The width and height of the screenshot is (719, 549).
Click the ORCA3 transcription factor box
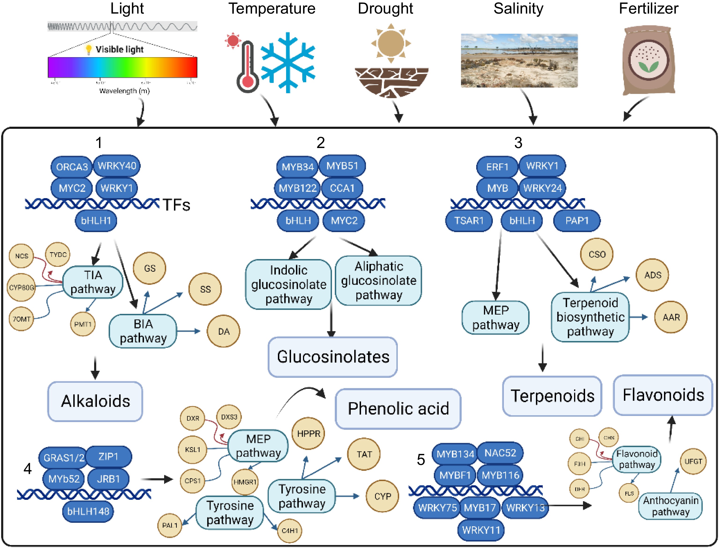(x=72, y=167)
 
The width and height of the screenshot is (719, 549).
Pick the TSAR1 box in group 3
(x=468, y=221)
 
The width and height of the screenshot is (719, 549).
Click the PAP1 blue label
(x=577, y=221)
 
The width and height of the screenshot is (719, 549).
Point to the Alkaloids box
(x=95, y=401)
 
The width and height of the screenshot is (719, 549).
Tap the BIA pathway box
(x=143, y=331)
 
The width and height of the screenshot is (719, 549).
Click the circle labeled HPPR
(x=308, y=434)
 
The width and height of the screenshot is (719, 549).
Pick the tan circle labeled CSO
(x=597, y=254)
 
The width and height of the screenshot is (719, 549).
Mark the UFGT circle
(x=693, y=461)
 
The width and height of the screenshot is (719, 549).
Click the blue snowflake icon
(x=288, y=62)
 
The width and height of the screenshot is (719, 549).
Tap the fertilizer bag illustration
(x=649, y=60)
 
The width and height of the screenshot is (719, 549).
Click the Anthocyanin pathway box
(x=670, y=506)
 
